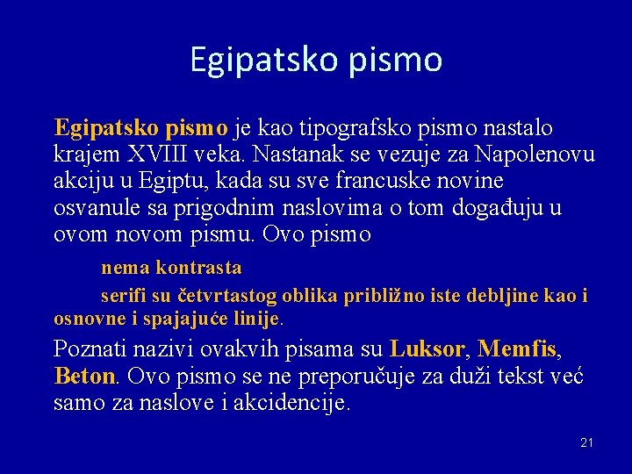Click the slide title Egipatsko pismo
316,60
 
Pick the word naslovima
324,209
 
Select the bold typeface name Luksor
427,349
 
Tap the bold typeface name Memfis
517,349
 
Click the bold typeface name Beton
84,377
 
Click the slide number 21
586,442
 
